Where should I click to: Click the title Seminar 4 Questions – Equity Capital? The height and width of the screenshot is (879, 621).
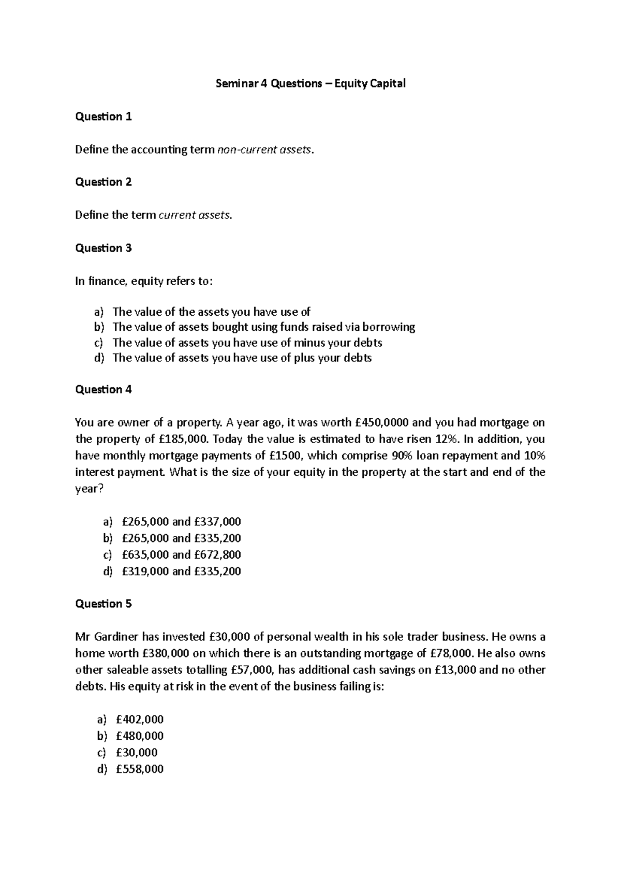(310, 83)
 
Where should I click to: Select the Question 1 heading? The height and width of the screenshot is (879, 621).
(103, 116)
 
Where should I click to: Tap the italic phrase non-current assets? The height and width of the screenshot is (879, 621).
(265, 150)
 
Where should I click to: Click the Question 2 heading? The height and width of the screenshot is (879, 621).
(103, 182)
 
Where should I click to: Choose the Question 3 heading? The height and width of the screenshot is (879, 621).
(103, 248)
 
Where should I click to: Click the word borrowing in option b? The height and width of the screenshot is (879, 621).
(389, 327)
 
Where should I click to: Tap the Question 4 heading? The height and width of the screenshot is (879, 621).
(103, 389)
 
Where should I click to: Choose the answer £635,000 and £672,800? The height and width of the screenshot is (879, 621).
(181, 555)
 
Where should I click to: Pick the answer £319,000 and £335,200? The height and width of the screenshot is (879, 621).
(181, 572)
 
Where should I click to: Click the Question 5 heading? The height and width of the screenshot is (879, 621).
(103, 604)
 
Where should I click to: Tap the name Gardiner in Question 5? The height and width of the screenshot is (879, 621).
(117, 637)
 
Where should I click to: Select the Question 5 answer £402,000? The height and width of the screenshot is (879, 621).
(140, 720)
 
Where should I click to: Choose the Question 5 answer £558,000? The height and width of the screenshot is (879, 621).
(140, 769)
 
